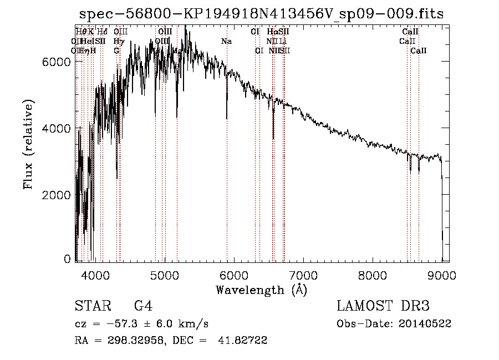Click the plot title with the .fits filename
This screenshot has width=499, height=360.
[x=262, y=14]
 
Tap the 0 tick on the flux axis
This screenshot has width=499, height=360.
[x=68, y=258]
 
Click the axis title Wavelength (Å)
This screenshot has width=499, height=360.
[x=261, y=290]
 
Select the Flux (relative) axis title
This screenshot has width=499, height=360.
[x=28, y=145]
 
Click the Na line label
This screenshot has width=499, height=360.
[x=226, y=41]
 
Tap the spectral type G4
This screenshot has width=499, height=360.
[x=143, y=306]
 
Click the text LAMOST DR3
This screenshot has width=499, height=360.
[x=383, y=306]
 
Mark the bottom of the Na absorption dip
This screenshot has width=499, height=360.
[x=227, y=118]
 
